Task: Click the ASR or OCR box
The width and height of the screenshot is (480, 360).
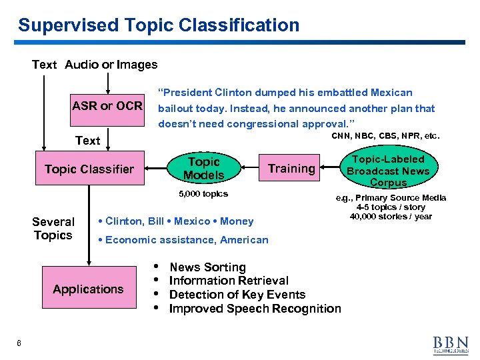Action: point(107,106)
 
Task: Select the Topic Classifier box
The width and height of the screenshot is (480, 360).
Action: point(89,169)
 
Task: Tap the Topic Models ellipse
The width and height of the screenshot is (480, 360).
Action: point(204,169)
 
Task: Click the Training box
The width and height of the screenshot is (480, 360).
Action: point(291,169)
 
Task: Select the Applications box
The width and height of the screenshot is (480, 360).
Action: point(88,289)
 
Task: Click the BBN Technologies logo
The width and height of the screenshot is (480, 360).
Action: point(451,343)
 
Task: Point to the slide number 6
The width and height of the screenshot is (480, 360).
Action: point(19,343)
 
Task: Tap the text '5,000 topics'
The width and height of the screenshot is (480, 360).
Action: point(203,194)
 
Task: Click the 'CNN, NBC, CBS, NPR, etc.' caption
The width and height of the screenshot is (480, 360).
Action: point(385,136)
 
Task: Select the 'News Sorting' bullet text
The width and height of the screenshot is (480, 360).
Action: point(207,267)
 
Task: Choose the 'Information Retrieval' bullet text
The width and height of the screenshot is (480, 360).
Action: point(229,281)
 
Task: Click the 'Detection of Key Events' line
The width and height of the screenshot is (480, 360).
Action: point(237,295)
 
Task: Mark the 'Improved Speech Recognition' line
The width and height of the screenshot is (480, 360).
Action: point(255,309)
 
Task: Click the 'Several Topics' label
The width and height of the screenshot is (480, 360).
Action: point(53,229)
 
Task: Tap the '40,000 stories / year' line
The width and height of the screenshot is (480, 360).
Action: point(391,216)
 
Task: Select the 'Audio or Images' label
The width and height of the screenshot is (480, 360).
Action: point(111,65)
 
